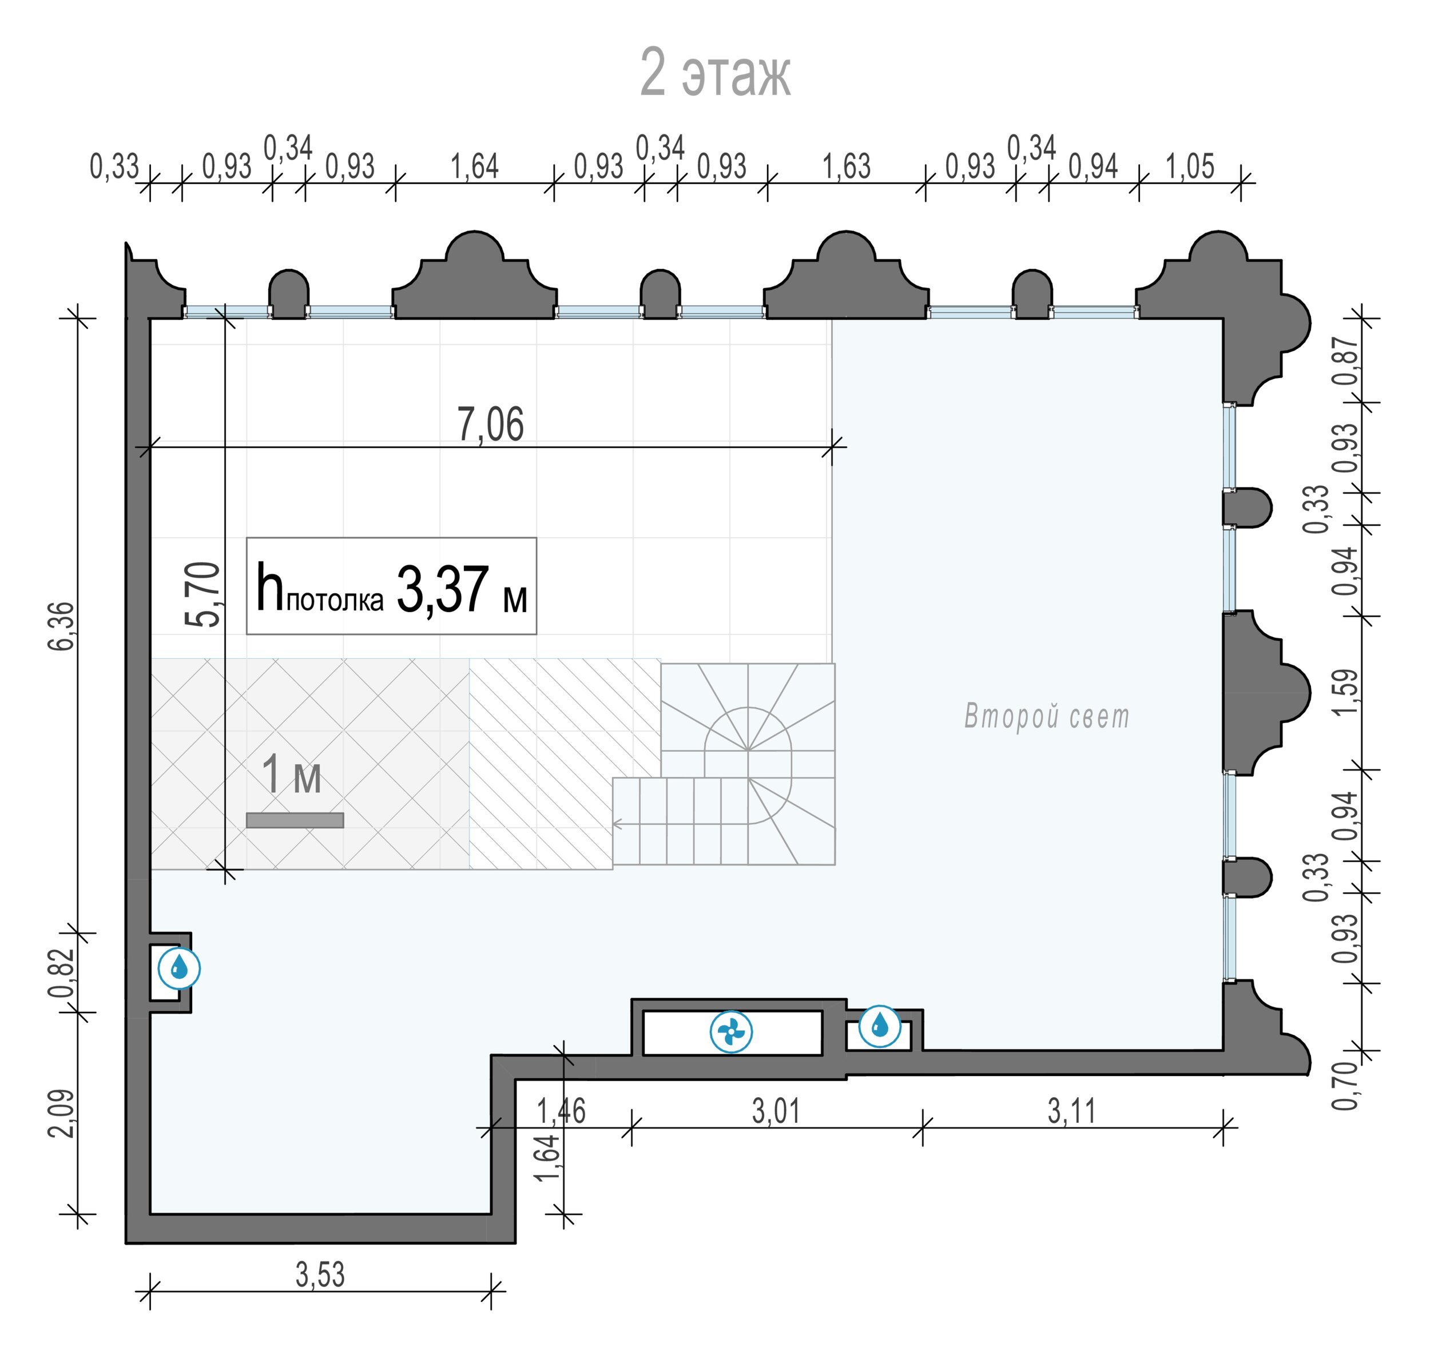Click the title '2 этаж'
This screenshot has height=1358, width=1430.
pos(715,73)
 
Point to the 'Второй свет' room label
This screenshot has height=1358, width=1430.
pos(1046,716)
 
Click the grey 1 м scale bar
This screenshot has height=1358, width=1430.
pos(295,820)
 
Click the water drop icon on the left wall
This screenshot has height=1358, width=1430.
pos(178,968)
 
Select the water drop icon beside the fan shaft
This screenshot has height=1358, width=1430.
pos(880,1026)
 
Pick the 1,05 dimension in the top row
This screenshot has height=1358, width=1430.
pos(1190,166)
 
